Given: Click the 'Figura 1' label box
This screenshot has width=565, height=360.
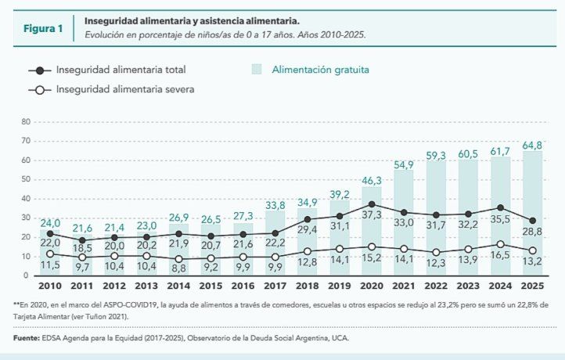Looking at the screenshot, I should tap(42, 29).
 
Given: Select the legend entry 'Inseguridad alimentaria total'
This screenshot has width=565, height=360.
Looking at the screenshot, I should tap(124, 70).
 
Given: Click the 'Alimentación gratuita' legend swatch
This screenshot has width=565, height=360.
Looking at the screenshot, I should tap(256, 70).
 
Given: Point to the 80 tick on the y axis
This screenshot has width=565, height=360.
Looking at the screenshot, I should tap(25, 122).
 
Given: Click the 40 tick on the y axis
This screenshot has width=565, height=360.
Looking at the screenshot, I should tap(25, 199).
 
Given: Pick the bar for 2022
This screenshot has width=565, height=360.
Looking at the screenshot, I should tap(436, 218).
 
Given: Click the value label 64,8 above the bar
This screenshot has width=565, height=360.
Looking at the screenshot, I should tap(532, 146).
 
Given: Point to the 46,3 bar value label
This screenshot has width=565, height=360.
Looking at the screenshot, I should tap(372, 180).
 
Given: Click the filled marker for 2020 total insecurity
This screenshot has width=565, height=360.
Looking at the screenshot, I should tap(372, 204).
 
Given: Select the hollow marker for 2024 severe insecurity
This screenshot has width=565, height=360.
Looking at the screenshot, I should tap(501, 244).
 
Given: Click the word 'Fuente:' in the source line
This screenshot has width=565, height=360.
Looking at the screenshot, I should tap(27, 338).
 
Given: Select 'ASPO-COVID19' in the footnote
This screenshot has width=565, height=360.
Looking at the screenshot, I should tap(110, 304).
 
